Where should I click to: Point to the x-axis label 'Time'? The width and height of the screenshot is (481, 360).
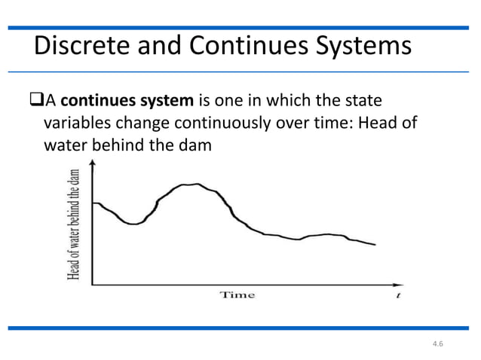pos(237,294)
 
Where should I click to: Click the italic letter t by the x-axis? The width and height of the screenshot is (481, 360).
pos(397,295)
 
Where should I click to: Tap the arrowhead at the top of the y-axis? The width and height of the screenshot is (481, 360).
pos(92,167)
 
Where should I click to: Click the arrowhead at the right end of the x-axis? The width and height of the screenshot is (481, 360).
pos(397,284)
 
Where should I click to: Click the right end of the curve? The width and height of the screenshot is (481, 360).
pos(375,245)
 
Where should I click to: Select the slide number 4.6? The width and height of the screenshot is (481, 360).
pos(439,344)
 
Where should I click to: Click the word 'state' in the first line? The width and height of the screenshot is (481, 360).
pos(362,99)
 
